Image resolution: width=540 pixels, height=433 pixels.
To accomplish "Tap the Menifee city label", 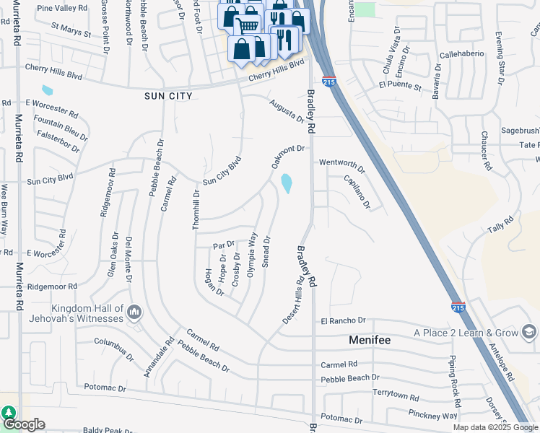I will [375, 339].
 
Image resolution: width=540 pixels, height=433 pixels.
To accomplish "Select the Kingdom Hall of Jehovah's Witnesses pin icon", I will [134, 312].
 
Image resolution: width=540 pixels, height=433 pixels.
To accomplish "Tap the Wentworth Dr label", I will [342, 167].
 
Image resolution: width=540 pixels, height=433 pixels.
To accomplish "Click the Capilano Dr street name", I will [357, 192].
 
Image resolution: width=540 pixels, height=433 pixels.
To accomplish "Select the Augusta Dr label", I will [287, 112].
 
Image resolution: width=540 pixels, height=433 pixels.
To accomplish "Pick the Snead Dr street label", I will [266, 252].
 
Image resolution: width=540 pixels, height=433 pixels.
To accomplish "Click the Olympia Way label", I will [252, 254].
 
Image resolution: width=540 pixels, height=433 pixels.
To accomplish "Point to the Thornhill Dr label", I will [196, 210].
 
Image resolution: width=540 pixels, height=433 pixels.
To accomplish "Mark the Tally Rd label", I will [499, 227].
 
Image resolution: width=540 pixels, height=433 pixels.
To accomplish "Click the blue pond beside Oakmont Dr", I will [287, 183].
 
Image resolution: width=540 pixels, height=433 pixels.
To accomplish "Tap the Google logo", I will [23, 424].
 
